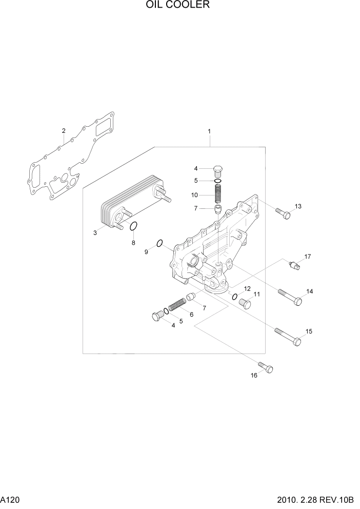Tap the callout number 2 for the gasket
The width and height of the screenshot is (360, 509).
pyautogui.click(x=64, y=131)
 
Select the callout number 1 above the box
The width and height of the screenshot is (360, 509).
pyautogui.click(x=209, y=132)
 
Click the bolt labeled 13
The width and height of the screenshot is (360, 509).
pyautogui.click(x=283, y=212)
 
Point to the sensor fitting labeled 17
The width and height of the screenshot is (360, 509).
pyautogui.click(x=296, y=264)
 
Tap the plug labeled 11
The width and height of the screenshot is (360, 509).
pyautogui.click(x=245, y=304)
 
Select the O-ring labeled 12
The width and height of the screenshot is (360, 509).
pyautogui.click(x=234, y=297)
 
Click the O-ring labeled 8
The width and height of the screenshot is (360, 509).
pyautogui.click(x=133, y=227)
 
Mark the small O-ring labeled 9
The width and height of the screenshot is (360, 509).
pyautogui.click(x=159, y=243)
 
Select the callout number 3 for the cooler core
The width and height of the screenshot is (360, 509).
pyautogui.click(x=95, y=233)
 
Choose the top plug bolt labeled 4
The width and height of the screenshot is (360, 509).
pyautogui.click(x=218, y=170)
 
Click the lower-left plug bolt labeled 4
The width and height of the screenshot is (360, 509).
pyautogui.click(x=156, y=317)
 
